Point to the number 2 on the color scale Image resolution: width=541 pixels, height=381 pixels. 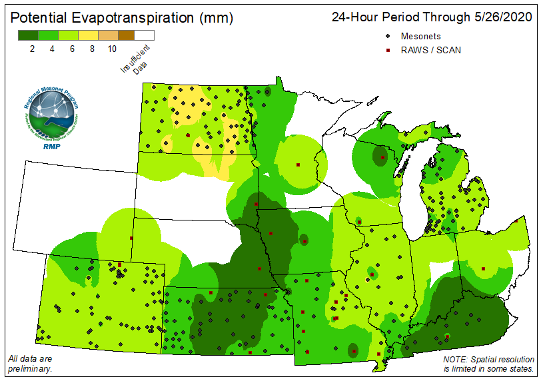click(x=33, y=49)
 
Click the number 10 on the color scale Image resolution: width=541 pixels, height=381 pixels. click(x=112, y=49)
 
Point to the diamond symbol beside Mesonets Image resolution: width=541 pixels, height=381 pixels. click(x=387, y=36)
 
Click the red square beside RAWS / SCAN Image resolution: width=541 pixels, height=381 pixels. click(x=387, y=50)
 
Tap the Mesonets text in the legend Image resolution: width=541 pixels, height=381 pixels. click(x=420, y=36)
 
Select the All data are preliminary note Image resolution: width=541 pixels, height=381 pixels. click(x=30, y=364)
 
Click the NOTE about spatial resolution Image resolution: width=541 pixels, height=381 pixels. click(x=488, y=364)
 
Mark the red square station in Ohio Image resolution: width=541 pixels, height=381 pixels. click(x=483, y=268)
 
